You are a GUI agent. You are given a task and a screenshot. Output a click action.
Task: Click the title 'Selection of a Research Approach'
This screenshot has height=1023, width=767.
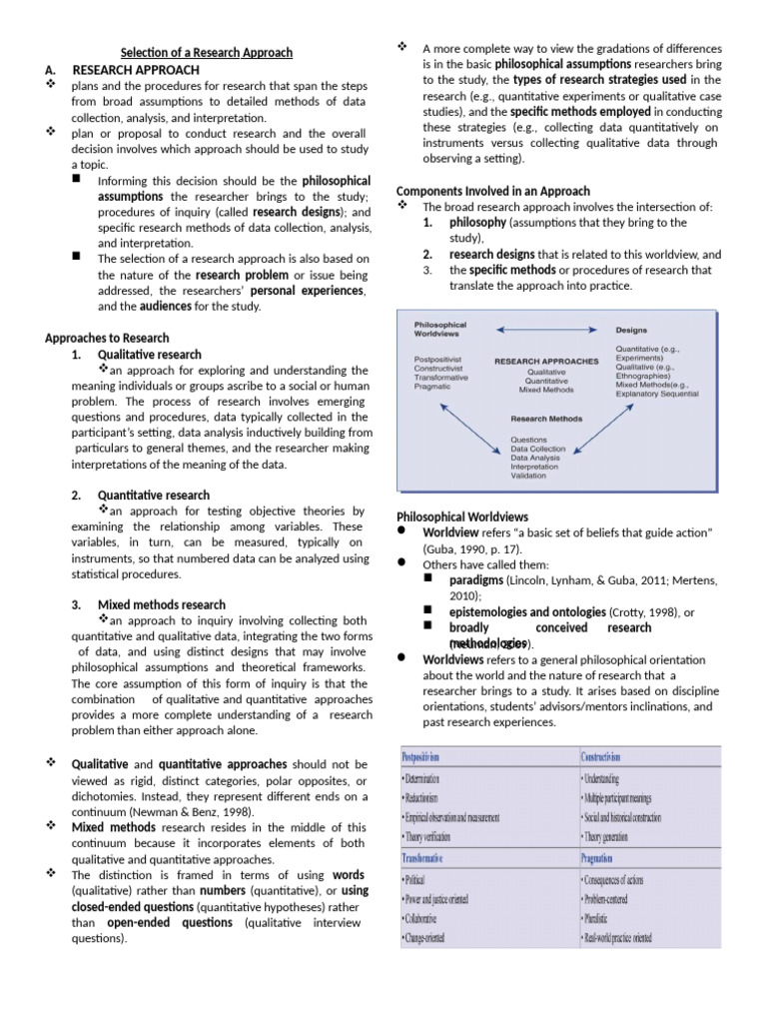pyautogui.click(x=207, y=52)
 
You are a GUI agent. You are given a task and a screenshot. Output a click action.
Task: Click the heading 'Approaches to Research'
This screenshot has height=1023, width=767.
pyautogui.click(x=107, y=338)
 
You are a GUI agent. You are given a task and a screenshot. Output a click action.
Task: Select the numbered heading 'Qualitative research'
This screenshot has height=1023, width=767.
pyautogui.click(x=149, y=354)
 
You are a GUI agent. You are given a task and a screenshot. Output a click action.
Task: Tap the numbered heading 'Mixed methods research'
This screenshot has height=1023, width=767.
pyautogui.click(x=162, y=604)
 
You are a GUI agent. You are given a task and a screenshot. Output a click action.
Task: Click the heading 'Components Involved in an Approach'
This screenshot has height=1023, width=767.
pyautogui.click(x=493, y=191)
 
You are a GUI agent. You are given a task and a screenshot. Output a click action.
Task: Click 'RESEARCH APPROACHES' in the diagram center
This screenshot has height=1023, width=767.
pyautogui.click(x=546, y=361)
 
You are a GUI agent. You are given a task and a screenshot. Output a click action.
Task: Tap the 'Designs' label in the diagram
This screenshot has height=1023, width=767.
pyautogui.click(x=631, y=328)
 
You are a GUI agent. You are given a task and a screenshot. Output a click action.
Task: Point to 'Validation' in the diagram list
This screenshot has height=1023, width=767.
pyautogui.click(x=529, y=476)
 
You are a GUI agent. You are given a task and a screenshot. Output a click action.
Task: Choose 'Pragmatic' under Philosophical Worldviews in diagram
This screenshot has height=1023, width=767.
pyautogui.click(x=434, y=387)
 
